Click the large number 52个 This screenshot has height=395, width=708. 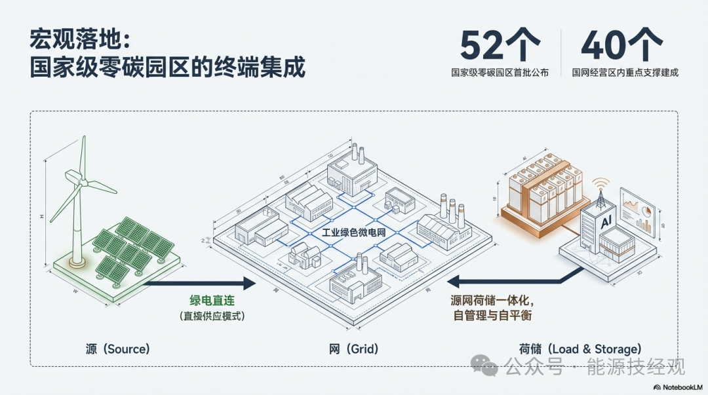(500, 46)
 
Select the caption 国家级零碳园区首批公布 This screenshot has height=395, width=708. (500, 73)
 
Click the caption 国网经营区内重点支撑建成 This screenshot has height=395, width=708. (625, 73)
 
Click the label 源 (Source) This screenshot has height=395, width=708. (118, 349)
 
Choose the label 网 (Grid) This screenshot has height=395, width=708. (354, 349)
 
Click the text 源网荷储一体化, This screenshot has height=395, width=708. (495, 301)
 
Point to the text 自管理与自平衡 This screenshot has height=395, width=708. (492, 316)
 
